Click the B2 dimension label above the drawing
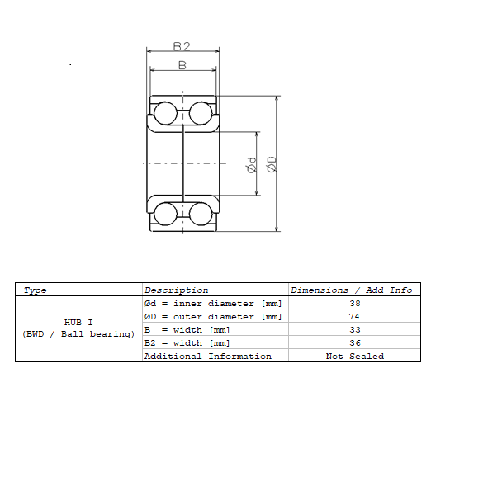[182, 46]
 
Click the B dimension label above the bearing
[182, 64]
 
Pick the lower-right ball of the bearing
[201, 214]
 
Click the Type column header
[36, 290]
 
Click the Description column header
[176, 290]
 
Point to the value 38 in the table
[355, 304]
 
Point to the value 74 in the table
[355, 317]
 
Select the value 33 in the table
[355, 330]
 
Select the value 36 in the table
[355, 343]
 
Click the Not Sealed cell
[355, 357]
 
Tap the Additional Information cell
[207, 357]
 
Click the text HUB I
[78, 322]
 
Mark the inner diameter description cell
[213, 304]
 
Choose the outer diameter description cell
[213, 317]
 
